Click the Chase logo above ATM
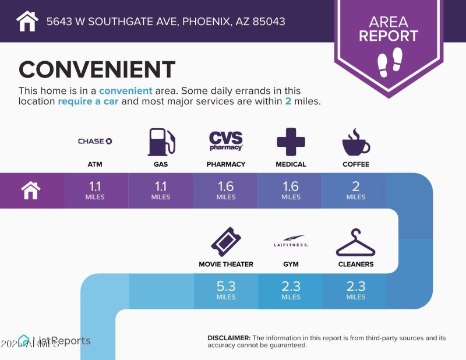pos(95,141)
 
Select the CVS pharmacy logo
pos(226,141)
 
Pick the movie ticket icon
pos(226,242)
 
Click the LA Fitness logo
pos(291,241)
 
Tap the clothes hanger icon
pos(356,242)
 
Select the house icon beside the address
pos(27,22)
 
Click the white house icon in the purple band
pos(30,190)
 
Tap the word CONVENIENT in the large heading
pos(97,70)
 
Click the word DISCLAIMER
pos(229,338)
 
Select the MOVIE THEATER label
pos(226,264)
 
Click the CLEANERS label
pos(356,264)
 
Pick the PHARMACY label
pos(226,164)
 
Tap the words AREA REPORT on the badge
pos(389,29)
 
